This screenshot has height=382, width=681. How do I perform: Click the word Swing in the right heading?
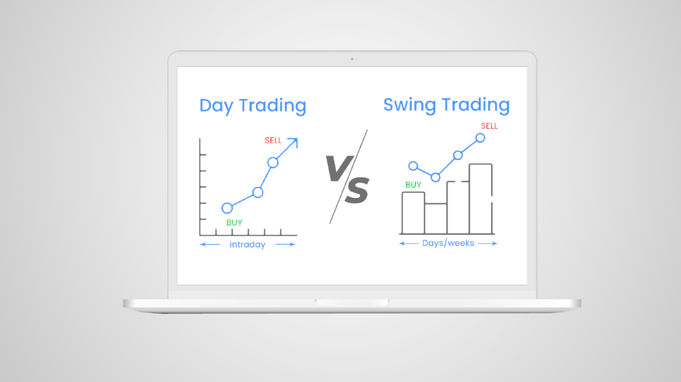coord(410,105)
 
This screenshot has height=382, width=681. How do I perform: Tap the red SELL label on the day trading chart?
coord(273,140)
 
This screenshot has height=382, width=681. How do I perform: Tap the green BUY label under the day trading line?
coord(234,222)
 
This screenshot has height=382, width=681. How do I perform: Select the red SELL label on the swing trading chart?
coord(489,126)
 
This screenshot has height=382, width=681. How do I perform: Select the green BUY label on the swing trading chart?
coord(413,185)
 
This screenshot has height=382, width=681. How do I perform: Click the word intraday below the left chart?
coord(247,245)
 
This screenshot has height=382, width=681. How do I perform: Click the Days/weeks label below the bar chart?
coord(448,243)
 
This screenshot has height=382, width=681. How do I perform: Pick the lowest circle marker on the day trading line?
coord(227,208)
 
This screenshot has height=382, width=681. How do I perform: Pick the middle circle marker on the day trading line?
coord(257,192)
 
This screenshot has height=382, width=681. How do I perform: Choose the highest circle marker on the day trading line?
coord(273,162)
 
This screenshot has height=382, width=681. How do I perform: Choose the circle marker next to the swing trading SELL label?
coord(480,138)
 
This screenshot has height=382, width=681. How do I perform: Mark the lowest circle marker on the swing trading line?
coord(436,177)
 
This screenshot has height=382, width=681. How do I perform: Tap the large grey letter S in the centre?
coord(357,190)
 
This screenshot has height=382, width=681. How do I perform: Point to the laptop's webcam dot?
coord(352,59)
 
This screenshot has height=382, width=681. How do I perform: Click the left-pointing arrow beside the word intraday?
coord(210,245)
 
